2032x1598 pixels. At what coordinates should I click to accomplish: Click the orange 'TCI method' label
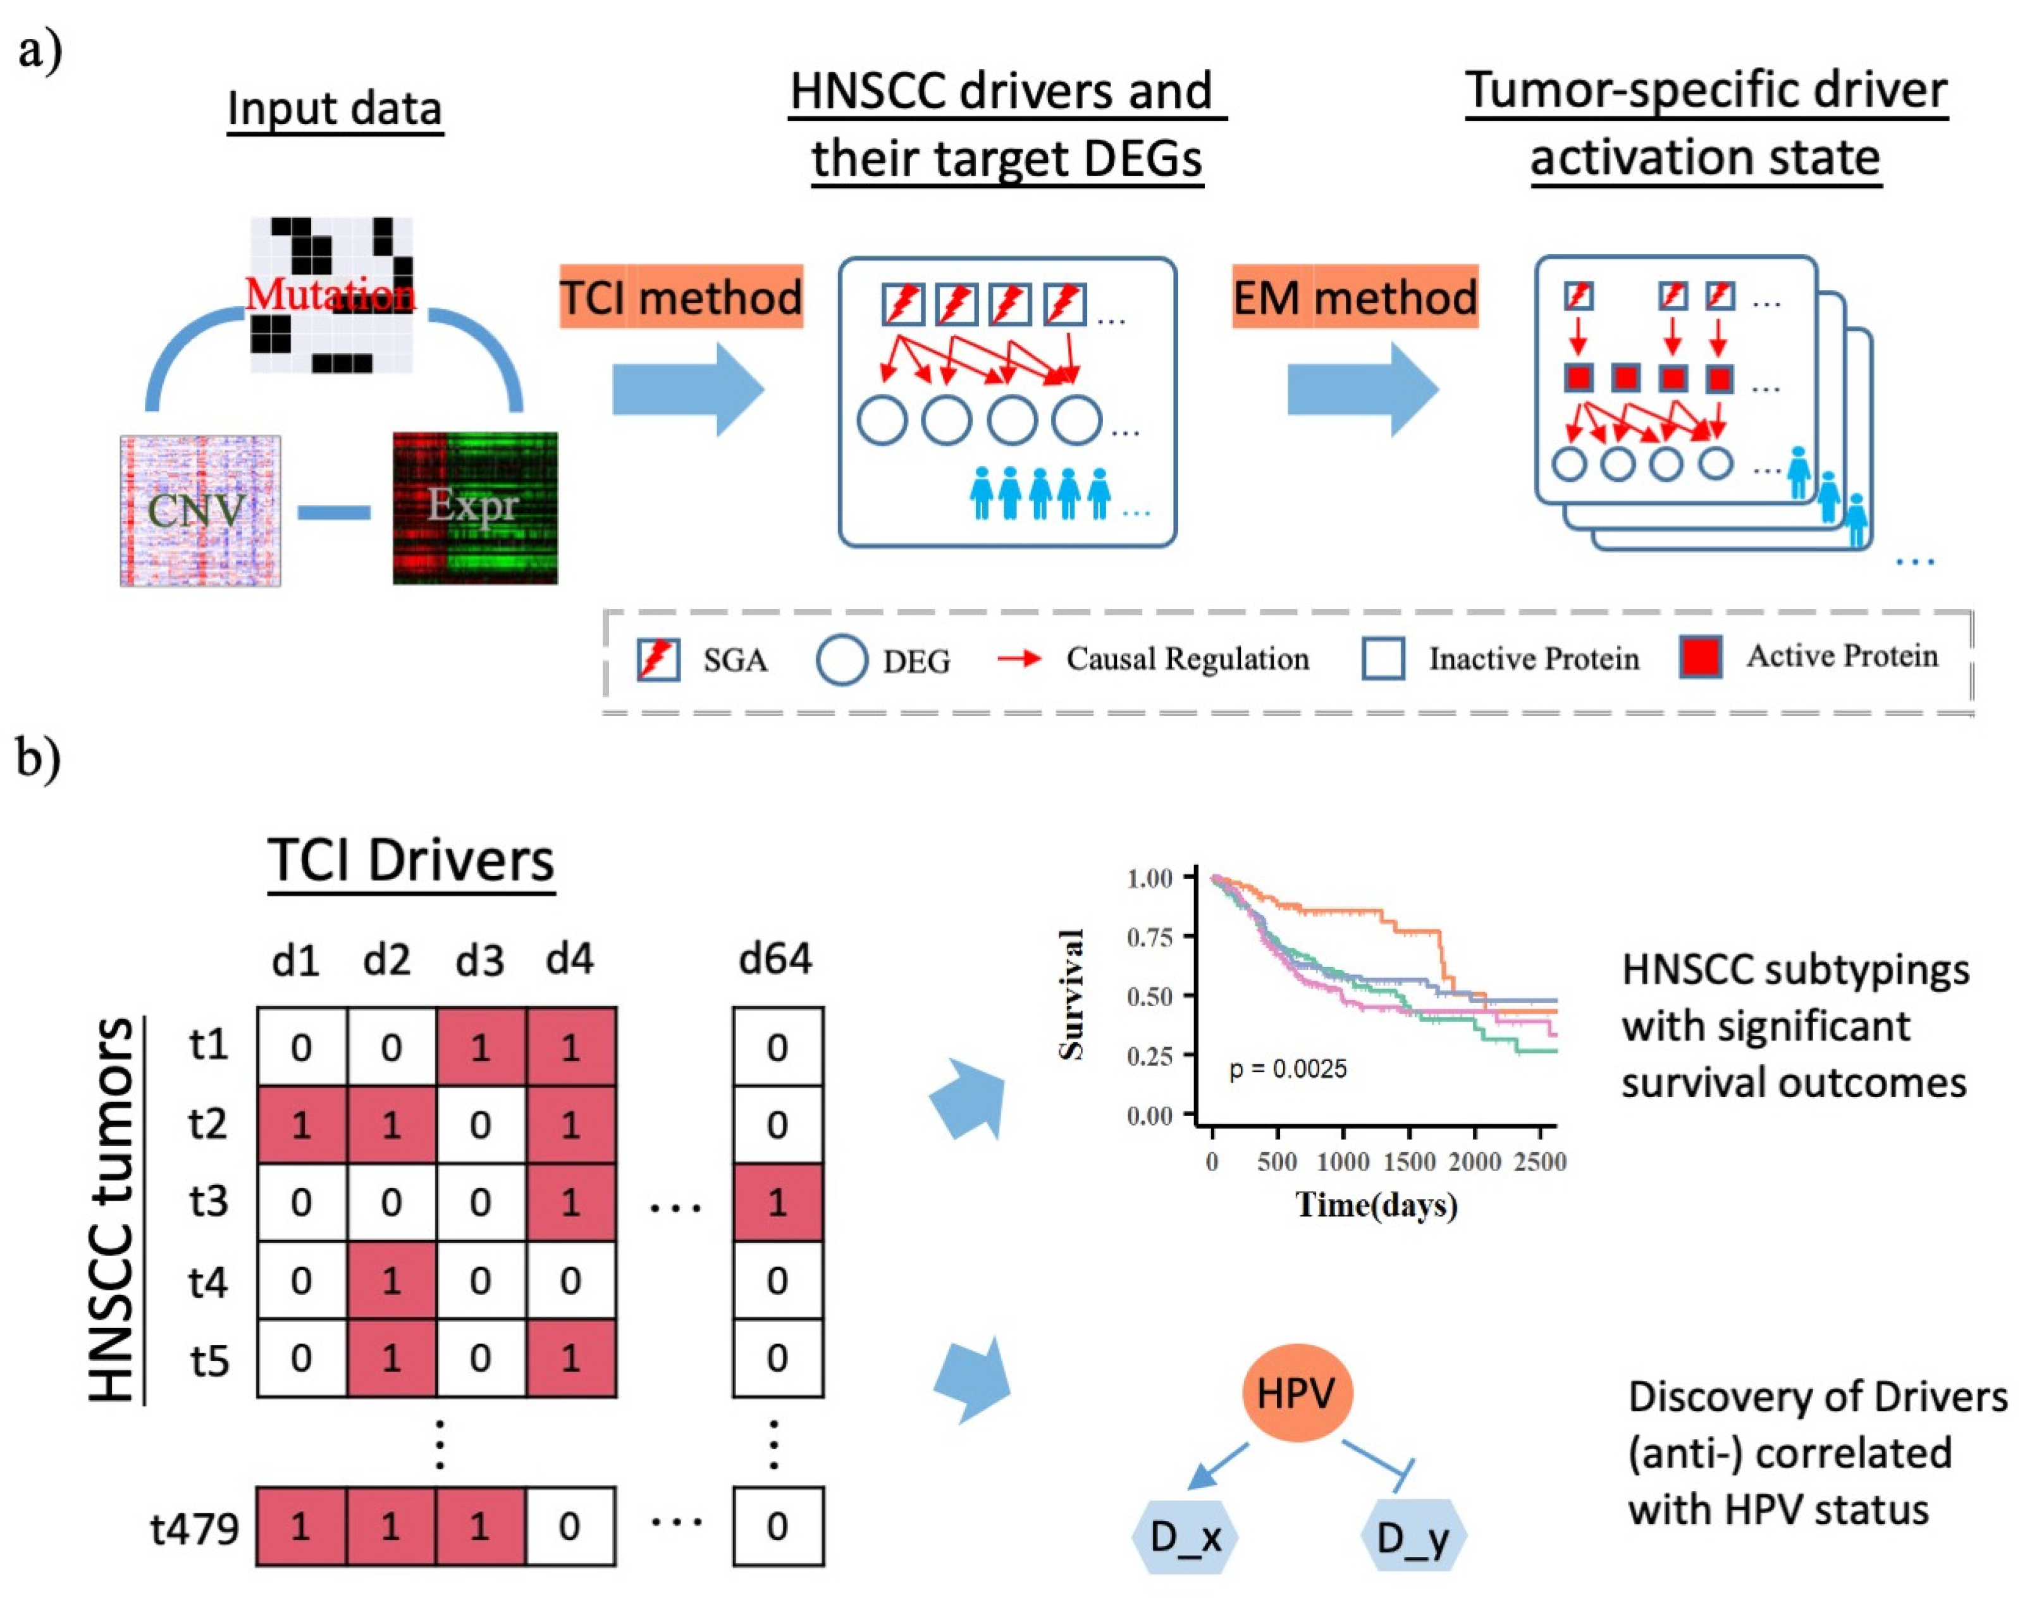[681, 297]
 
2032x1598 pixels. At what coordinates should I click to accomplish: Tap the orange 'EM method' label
[1354, 297]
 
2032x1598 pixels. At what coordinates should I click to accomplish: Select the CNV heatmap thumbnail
[200, 511]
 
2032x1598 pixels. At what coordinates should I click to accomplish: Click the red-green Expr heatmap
[474, 508]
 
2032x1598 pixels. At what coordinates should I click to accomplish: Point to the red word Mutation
[329, 295]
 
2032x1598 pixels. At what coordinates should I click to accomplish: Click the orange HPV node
[1296, 1393]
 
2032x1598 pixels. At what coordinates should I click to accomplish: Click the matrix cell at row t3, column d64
[777, 1202]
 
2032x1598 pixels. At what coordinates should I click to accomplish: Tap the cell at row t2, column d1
[301, 1124]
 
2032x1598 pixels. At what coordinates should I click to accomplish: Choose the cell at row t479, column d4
[570, 1527]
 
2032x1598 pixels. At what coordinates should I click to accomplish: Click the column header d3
[480, 961]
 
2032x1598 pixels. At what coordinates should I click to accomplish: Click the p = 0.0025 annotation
[1287, 1069]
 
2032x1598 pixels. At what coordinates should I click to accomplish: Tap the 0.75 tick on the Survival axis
[1149, 937]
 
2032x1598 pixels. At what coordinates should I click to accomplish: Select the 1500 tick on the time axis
[1409, 1162]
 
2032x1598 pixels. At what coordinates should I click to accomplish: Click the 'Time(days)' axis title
[1376, 1204]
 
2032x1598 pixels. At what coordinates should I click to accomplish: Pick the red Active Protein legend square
[1700, 657]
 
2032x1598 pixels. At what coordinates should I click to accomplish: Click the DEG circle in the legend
[841, 661]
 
